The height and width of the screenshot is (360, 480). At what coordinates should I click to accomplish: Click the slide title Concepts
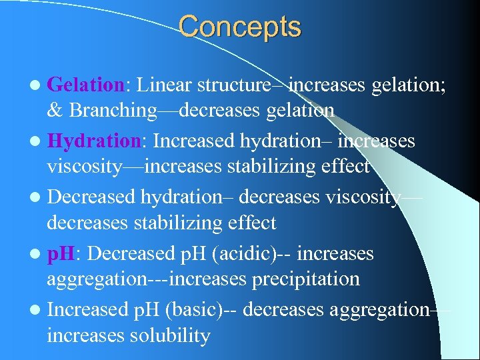(239, 27)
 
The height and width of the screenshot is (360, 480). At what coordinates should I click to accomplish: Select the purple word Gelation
(86, 85)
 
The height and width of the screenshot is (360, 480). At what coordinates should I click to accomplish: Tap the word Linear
(165, 85)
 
